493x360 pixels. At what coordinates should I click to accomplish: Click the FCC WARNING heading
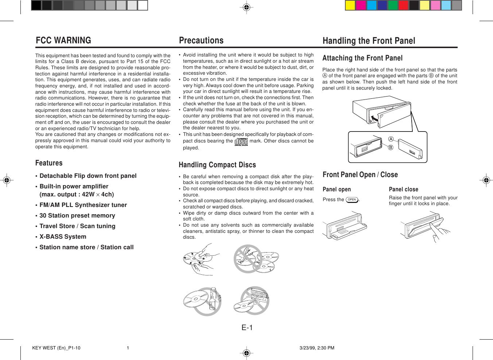(x=63, y=40)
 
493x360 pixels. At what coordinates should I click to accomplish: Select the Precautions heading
(x=201, y=40)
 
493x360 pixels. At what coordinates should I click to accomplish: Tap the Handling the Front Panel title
(x=369, y=41)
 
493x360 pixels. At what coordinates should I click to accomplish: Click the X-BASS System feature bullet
(x=63, y=237)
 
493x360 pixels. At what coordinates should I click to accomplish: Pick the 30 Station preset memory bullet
(x=77, y=216)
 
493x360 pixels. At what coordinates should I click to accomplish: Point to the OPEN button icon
(x=352, y=200)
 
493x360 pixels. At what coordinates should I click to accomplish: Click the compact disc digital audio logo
(x=241, y=141)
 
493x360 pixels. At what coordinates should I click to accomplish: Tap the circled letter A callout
(x=391, y=139)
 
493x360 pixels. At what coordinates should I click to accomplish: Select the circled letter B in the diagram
(x=391, y=148)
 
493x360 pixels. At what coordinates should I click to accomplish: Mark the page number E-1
(x=247, y=328)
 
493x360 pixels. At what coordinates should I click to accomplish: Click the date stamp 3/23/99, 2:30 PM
(x=317, y=348)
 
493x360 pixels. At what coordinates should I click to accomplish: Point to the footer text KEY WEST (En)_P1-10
(x=56, y=348)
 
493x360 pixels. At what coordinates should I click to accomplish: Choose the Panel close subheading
(x=403, y=189)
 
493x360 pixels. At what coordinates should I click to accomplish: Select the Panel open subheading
(x=337, y=189)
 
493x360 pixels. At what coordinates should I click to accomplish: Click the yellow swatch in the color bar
(x=350, y=5)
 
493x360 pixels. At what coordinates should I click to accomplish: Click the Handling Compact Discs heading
(x=217, y=165)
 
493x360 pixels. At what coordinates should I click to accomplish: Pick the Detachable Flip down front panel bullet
(x=88, y=176)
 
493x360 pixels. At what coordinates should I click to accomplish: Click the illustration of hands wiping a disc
(x=199, y=259)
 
